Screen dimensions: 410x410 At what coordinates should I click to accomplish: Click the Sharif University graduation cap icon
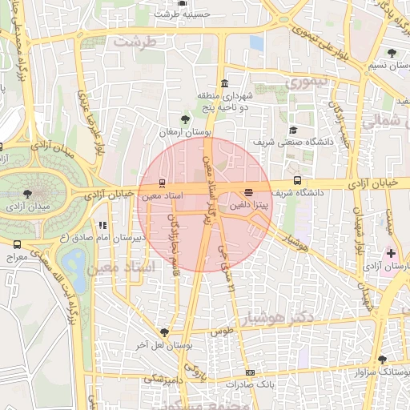click(x=293, y=130)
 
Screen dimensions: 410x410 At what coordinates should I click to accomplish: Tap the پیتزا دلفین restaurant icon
click(x=248, y=192)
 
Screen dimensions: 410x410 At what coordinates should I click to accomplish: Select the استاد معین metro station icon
click(x=163, y=183)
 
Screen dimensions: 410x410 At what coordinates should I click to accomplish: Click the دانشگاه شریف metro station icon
click(x=298, y=181)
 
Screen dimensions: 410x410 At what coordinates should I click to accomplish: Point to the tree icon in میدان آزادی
click(x=28, y=194)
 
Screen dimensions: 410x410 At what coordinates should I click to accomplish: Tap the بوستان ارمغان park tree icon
click(x=185, y=120)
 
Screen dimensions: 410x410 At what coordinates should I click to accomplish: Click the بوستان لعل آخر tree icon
click(x=164, y=332)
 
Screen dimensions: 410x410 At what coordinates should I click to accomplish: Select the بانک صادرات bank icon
click(x=251, y=372)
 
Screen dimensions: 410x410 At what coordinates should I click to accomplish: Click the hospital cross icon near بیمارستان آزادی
click(x=391, y=252)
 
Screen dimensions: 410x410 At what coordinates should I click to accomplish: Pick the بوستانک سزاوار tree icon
click(x=381, y=360)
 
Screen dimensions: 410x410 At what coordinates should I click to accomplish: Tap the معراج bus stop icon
click(x=18, y=244)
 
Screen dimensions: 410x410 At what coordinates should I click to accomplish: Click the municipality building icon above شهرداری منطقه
click(x=223, y=84)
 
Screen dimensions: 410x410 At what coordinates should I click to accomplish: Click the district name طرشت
click(x=132, y=41)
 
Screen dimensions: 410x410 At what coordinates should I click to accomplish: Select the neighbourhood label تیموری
click(x=307, y=82)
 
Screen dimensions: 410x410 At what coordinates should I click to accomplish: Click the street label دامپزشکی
click(x=163, y=378)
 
